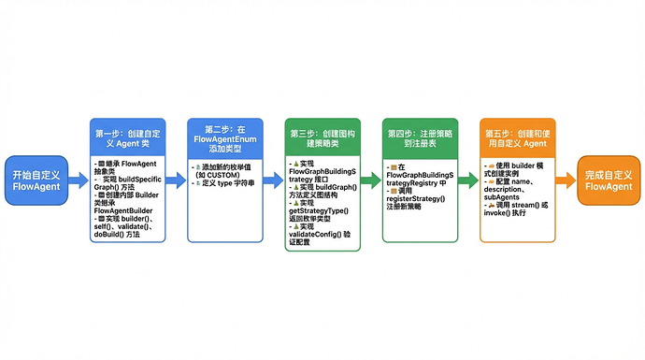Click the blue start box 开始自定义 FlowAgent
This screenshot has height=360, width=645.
click(36, 180)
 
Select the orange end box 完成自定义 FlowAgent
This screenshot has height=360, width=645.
click(609, 180)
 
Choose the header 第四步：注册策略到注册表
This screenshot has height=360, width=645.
click(421, 138)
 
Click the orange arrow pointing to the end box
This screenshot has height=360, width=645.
click(565, 180)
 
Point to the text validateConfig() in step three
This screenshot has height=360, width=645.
click(317, 233)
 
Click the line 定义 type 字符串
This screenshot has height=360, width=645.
click(225, 182)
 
